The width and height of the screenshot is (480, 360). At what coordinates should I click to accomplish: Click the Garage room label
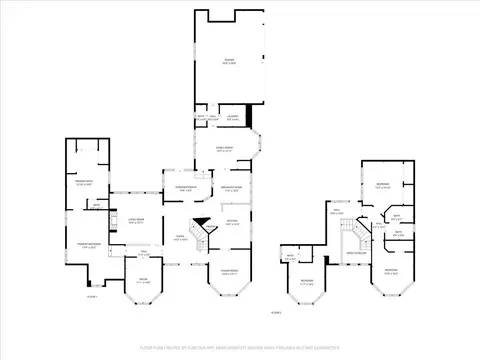tap(229, 62)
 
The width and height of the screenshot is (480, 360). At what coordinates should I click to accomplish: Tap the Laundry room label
tap(232, 118)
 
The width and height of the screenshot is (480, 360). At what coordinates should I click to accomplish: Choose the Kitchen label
tap(231, 222)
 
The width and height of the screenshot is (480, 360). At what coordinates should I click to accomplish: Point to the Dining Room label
tap(228, 272)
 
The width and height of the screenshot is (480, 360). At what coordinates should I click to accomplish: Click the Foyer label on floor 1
tap(181, 238)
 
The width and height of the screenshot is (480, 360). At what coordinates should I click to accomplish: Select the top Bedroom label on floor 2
tap(382, 185)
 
